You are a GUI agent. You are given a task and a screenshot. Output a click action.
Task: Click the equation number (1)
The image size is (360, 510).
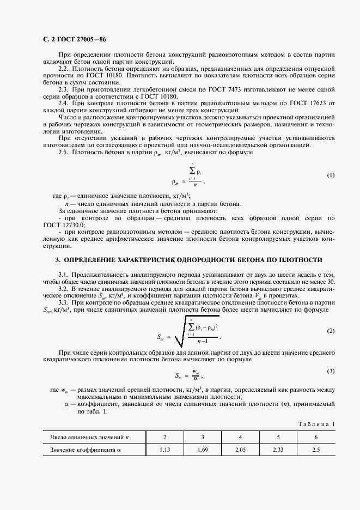coord(331,175)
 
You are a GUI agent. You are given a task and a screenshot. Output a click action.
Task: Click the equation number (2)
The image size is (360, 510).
coord(331,331)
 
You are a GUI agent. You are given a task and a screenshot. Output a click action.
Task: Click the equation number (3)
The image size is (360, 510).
coord(331,371)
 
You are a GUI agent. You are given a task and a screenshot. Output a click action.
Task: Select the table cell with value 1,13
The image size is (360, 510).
coord(165,451)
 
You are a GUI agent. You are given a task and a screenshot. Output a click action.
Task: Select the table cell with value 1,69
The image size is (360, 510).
coord(203,451)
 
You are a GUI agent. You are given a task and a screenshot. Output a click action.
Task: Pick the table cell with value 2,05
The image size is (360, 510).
coord(240,451)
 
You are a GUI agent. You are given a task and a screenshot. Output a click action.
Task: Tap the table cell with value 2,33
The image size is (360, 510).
coord(278,451)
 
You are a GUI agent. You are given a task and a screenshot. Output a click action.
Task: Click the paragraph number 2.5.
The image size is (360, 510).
coord(64,152)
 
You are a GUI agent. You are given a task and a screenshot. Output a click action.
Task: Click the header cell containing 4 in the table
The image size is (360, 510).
coord(240,437)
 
